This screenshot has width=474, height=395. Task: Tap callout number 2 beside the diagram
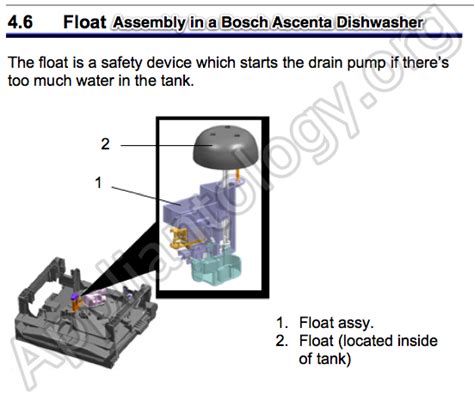(105, 144)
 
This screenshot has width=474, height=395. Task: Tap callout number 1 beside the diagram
(97, 183)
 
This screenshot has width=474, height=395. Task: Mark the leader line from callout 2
(160, 145)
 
